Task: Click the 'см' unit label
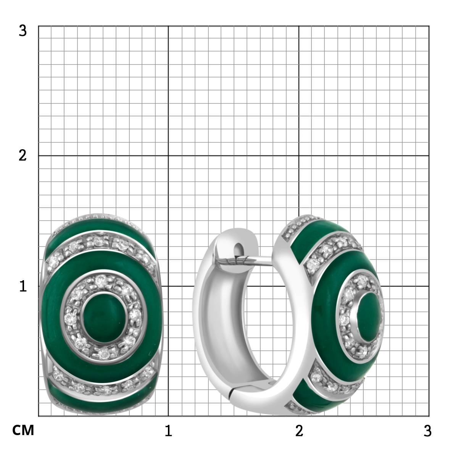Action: pyautogui.click(x=23, y=430)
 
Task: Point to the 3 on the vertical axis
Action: pyautogui.click(x=23, y=31)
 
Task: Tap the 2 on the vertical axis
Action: pyautogui.click(x=23, y=156)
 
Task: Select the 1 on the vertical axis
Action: pyautogui.click(x=23, y=286)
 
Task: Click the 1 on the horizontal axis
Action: pyautogui.click(x=168, y=431)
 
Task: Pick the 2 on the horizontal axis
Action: pyautogui.click(x=299, y=431)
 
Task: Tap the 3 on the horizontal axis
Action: pyautogui.click(x=427, y=431)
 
